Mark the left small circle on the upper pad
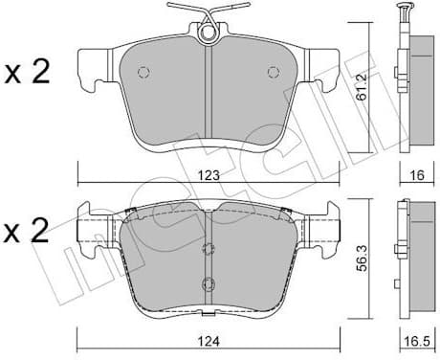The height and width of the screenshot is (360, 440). coord(143,73)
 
